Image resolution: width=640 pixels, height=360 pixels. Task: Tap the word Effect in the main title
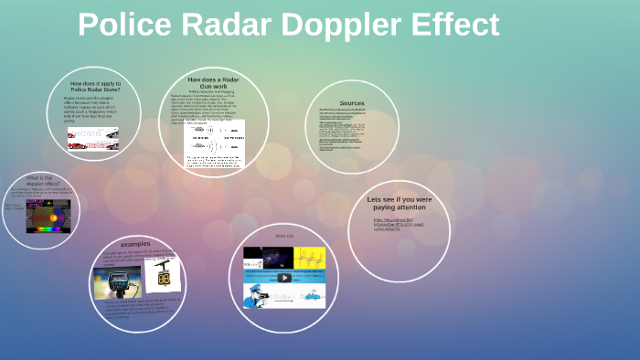point(454,25)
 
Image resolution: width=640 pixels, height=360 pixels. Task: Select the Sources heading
point(351,103)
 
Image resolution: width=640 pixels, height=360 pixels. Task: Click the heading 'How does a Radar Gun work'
point(213,83)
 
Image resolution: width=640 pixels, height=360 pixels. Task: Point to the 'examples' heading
point(134,244)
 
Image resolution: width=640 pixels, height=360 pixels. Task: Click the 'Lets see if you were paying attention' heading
point(398,203)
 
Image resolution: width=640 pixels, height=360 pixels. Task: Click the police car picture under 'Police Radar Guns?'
point(93,138)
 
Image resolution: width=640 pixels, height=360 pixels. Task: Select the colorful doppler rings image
point(48,217)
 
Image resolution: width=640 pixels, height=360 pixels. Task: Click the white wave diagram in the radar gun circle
point(214,143)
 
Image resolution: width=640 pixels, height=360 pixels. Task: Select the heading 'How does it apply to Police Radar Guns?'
point(93,87)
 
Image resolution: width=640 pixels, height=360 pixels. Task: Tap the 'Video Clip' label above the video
point(284,237)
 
